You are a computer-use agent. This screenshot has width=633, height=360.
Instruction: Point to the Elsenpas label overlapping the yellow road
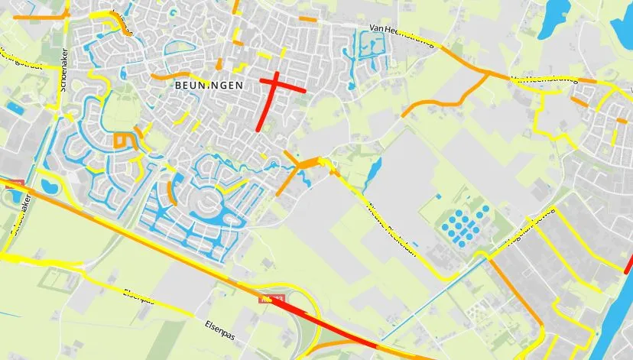[x=138, y=297]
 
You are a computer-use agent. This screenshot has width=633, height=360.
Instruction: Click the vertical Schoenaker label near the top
[x=64, y=73]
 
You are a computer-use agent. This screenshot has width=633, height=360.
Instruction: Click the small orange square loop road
[x=121, y=140]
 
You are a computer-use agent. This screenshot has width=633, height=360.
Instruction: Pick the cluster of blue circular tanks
[x=466, y=224]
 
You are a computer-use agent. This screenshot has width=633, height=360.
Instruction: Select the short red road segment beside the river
[x=629, y=264]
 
